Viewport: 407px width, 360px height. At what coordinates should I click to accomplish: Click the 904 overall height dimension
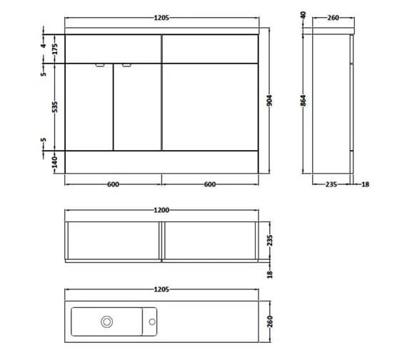coord(269,101)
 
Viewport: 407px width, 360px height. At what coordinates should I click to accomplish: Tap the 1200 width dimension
coord(161,211)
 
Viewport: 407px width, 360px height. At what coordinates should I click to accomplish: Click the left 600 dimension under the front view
coord(112,184)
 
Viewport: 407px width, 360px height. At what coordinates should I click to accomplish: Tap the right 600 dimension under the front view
coord(209,184)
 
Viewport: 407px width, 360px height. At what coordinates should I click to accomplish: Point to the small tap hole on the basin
coord(151,321)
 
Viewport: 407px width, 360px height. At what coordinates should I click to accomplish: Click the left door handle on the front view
coord(101,66)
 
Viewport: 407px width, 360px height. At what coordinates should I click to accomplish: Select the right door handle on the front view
coord(126,66)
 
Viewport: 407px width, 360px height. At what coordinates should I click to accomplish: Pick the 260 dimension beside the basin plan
coord(269,321)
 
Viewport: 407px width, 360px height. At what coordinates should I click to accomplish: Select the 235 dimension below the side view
coord(331,184)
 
